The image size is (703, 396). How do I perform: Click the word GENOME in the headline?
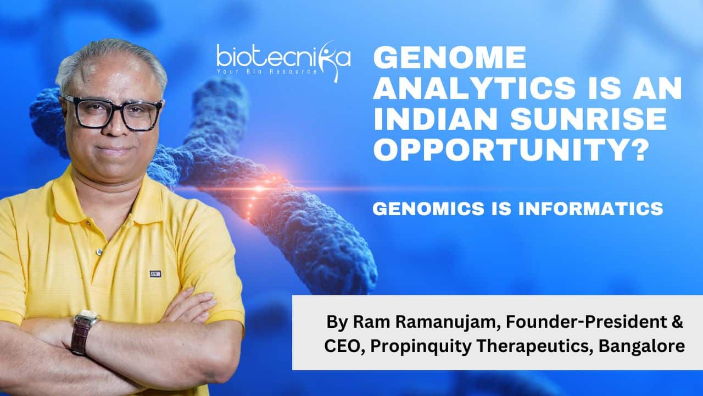(x=449, y=57)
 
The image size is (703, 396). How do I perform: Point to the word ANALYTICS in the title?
(x=474, y=89)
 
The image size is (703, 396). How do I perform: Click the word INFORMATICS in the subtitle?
(x=591, y=208)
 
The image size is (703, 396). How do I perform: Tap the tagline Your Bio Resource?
(x=267, y=71)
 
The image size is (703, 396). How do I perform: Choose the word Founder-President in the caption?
(x=582, y=322)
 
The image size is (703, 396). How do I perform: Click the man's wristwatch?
(x=83, y=333)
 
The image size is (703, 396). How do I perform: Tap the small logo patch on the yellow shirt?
(x=155, y=274)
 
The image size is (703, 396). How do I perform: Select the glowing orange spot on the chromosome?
(x=259, y=189)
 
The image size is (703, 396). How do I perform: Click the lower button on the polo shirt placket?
(x=99, y=252)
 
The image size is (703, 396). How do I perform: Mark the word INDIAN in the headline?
(x=436, y=119)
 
